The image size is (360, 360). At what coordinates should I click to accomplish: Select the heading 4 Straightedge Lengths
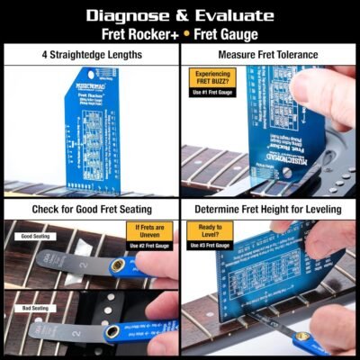(x=90, y=55)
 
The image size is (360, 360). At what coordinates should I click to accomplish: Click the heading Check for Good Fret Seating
(x=90, y=210)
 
